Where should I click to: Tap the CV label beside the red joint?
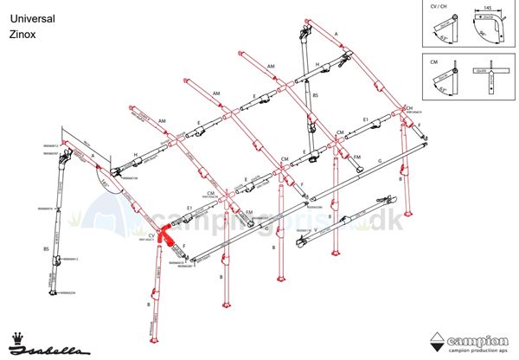pyautogui.click(x=151, y=235)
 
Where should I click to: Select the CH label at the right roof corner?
pyautogui.click(x=408, y=108)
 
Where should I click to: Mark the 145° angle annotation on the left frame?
pyautogui.click(x=104, y=183)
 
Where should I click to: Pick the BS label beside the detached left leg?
pyautogui.click(x=46, y=248)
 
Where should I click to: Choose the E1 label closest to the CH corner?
pyautogui.click(x=366, y=119)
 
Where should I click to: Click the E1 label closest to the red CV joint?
pyautogui.click(x=189, y=208)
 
